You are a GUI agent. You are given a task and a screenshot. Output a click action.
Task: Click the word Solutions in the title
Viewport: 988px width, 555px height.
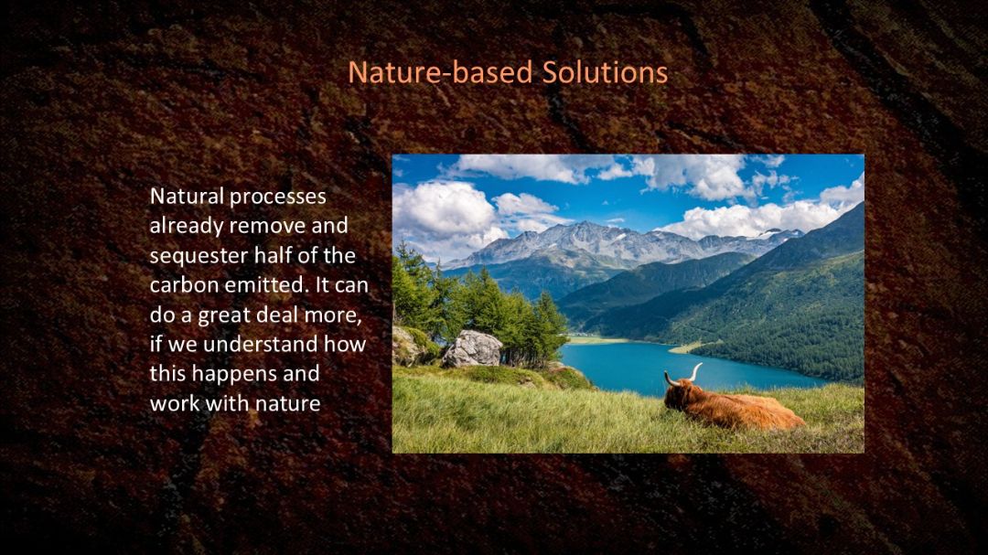(x=605, y=72)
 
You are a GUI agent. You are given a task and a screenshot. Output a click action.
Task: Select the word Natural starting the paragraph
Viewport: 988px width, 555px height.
(x=188, y=197)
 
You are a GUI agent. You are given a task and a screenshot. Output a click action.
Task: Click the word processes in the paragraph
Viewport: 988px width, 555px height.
(x=278, y=197)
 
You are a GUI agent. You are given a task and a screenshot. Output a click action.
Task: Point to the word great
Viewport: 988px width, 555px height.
(x=226, y=315)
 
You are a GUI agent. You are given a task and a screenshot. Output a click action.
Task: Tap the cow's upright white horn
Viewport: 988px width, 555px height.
(x=694, y=372)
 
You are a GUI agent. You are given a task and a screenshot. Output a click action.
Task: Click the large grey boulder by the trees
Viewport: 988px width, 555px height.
(x=472, y=349)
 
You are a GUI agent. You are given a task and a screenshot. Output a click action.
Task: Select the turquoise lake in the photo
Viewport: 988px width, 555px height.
(x=668, y=367)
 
